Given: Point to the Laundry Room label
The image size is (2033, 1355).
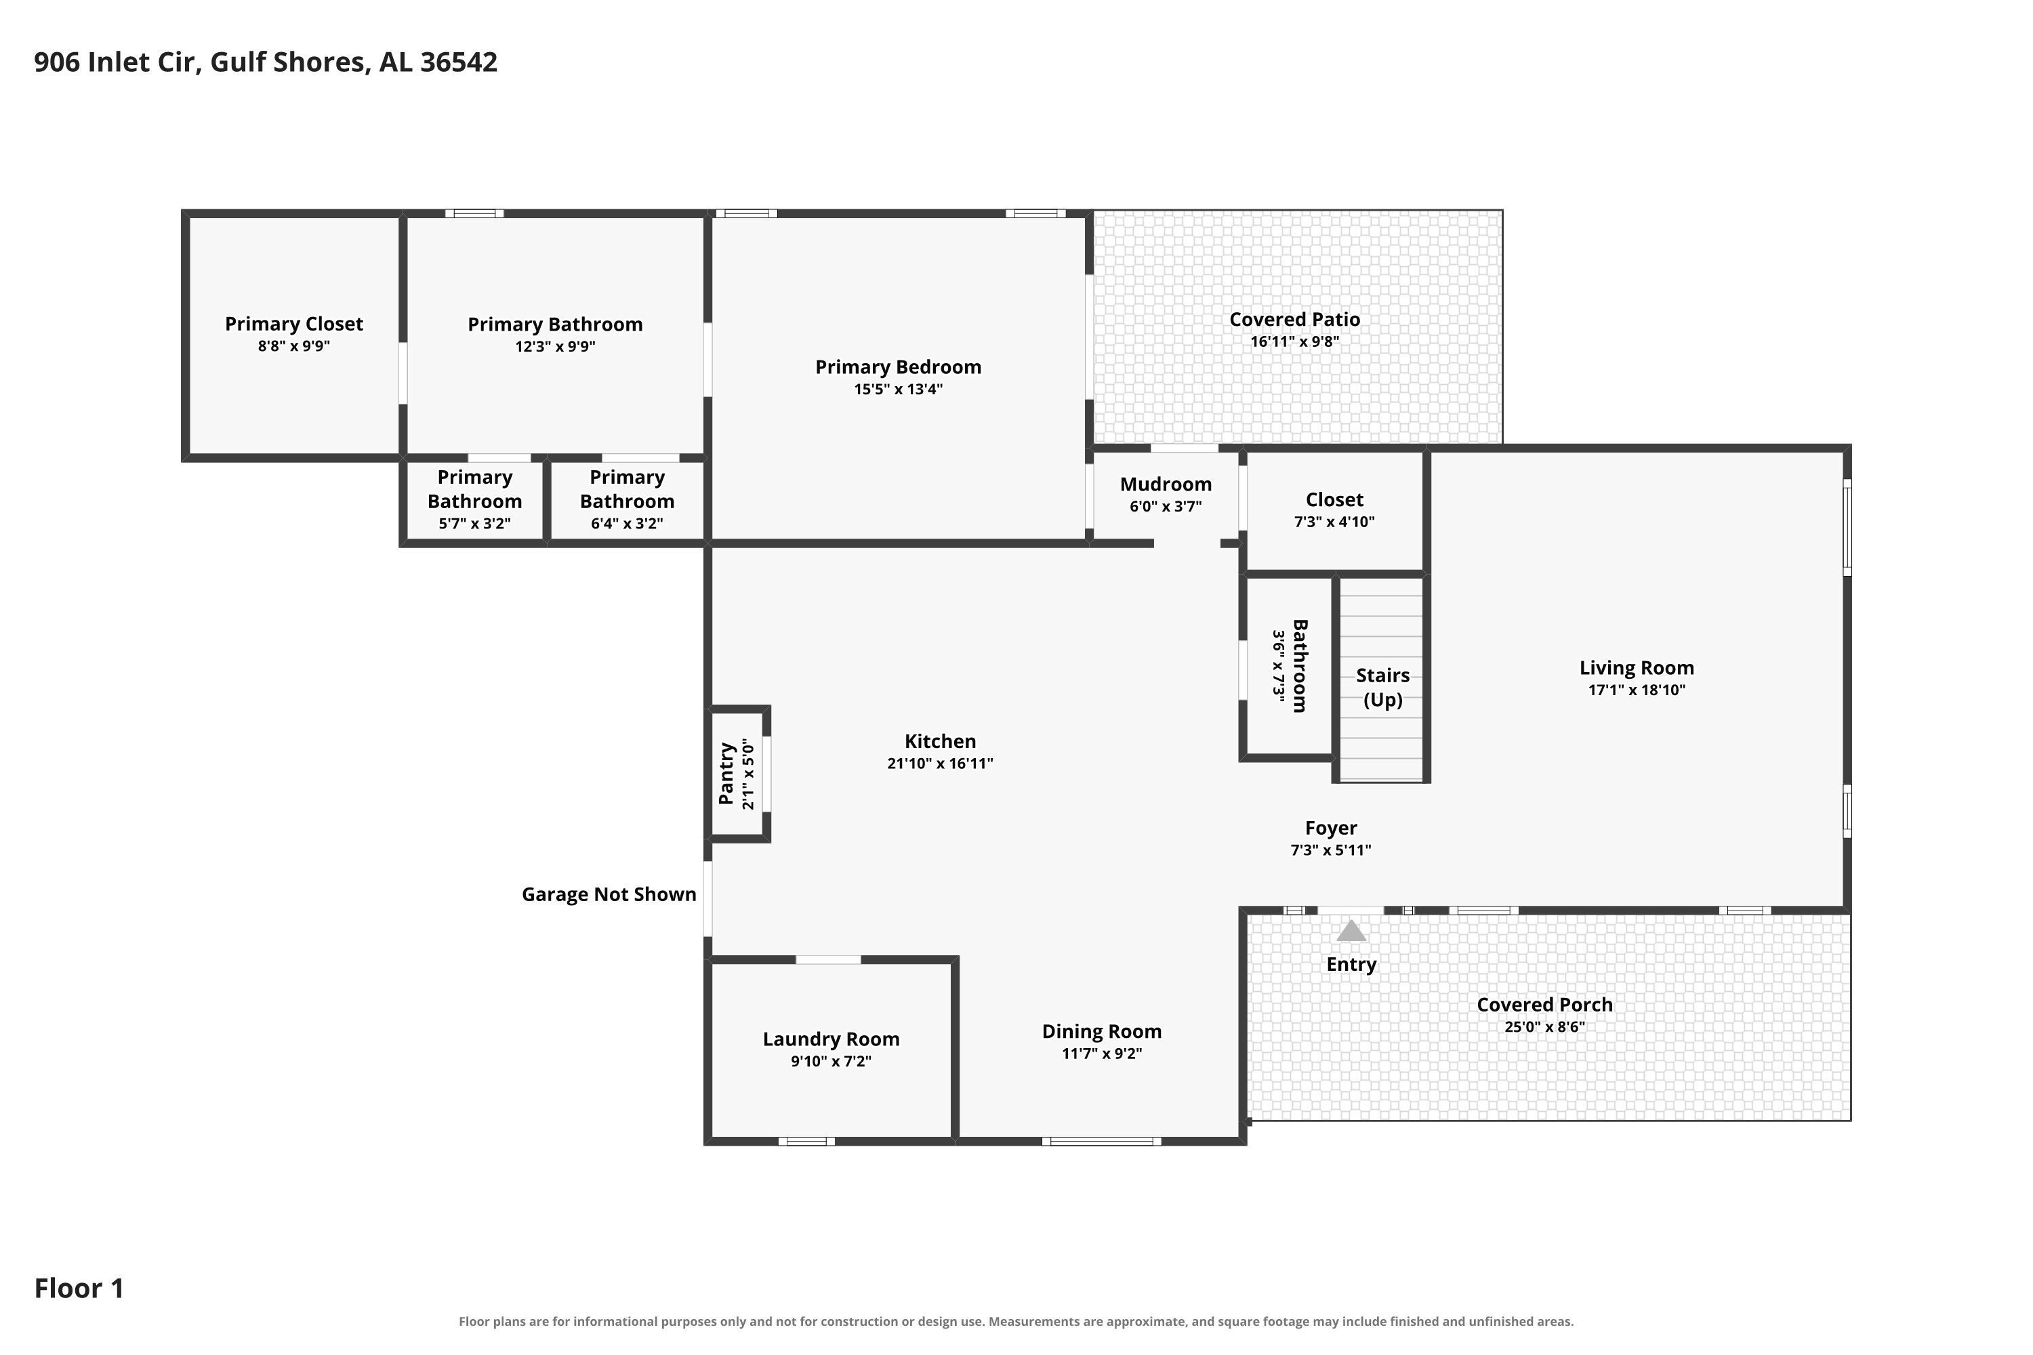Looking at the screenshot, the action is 831,1039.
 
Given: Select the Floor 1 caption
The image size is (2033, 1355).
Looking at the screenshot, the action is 79,1289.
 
